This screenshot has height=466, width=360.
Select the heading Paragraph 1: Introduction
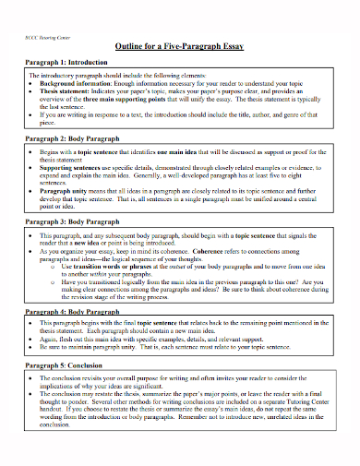tap(65, 64)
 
